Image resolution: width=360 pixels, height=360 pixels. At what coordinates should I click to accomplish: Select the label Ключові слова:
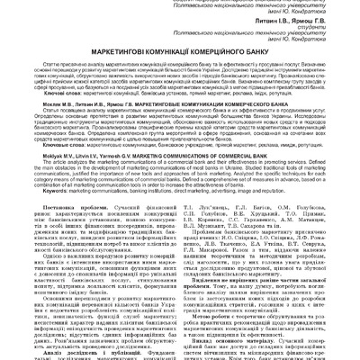pos(41,117)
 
